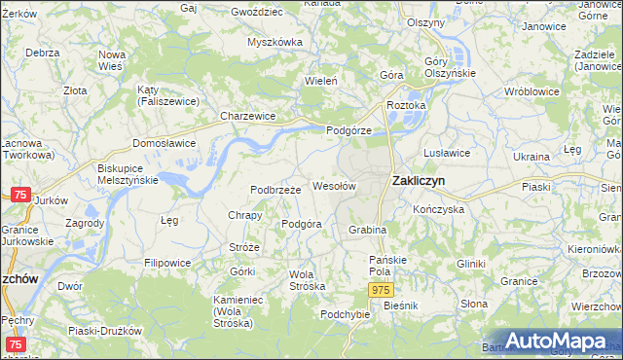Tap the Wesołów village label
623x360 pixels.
click(x=334, y=185)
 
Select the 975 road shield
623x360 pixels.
click(x=382, y=291)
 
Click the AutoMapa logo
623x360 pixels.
click(x=552, y=342)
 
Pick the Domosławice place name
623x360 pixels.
click(x=164, y=143)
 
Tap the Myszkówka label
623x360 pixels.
click(x=275, y=42)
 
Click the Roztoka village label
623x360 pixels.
click(x=406, y=105)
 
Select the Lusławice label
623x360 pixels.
click(x=448, y=153)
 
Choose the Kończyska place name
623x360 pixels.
click(x=438, y=209)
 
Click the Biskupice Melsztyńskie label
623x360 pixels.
click(x=122, y=174)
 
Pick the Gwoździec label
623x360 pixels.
click(x=256, y=13)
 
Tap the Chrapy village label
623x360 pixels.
click(x=244, y=216)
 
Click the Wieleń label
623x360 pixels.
click(x=321, y=81)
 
